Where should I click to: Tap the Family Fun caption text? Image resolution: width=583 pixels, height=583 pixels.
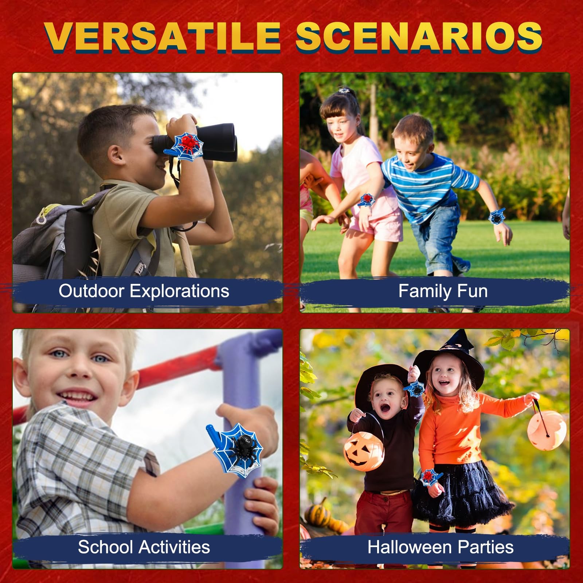tap(443, 291)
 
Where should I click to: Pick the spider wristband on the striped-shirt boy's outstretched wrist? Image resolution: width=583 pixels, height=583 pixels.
tap(497, 216)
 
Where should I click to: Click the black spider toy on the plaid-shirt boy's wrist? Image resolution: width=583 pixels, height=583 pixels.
tap(238, 447)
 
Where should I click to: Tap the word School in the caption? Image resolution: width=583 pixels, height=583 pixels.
tap(106, 547)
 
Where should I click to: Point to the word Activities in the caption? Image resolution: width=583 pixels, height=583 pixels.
tap(175, 547)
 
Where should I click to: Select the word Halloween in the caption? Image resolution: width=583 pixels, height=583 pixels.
tap(410, 547)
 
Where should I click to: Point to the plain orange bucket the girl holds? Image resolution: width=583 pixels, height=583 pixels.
tap(547, 430)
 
